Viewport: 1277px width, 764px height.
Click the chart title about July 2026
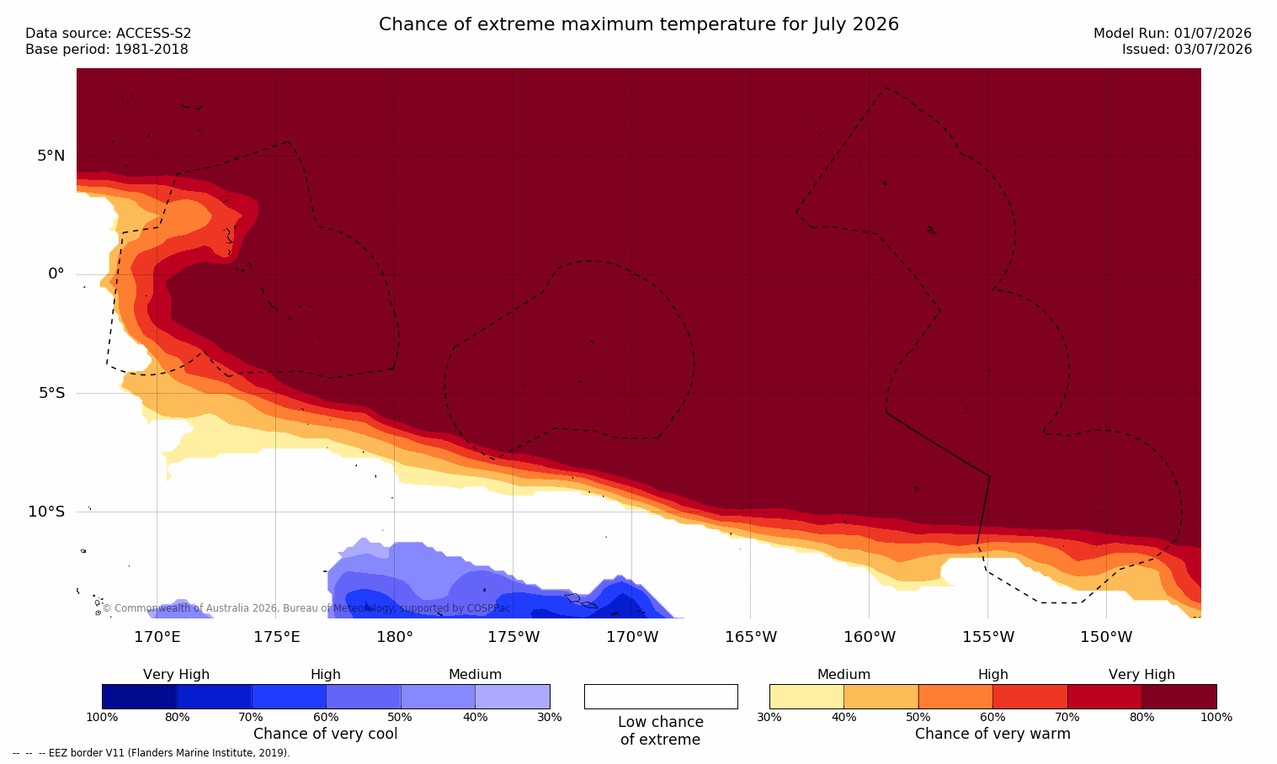pos(638,24)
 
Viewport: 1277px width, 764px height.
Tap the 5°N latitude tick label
pos(51,156)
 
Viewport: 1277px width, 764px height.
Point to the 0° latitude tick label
pos(56,274)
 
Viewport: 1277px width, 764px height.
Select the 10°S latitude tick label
pos(47,512)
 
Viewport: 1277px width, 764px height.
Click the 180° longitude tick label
pos(395,637)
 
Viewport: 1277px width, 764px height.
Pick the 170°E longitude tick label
pos(157,637)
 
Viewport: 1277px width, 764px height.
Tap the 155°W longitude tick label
pos(988,637)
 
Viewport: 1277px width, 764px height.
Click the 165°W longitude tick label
pos(751,637)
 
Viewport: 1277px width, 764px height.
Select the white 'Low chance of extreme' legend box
pos(661,696)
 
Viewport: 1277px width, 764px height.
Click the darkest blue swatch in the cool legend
pos(139,696)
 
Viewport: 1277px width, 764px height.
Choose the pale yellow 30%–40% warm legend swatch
pos(806,696)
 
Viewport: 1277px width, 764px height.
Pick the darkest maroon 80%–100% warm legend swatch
pos(1179,696)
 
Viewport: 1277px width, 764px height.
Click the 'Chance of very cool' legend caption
pos(326,734)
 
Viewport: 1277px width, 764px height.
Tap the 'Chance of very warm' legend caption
pos(992,734)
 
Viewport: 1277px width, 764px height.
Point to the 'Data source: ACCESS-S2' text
pos(109,34)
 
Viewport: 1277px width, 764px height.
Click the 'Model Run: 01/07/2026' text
pos(1172,34)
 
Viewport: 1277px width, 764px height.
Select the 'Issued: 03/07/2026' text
pos(1187,50)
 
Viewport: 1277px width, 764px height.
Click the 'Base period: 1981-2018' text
pos(107,50)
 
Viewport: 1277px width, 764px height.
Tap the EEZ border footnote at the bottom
pos(151,752)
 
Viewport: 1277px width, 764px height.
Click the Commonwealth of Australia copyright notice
pos(306,608)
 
